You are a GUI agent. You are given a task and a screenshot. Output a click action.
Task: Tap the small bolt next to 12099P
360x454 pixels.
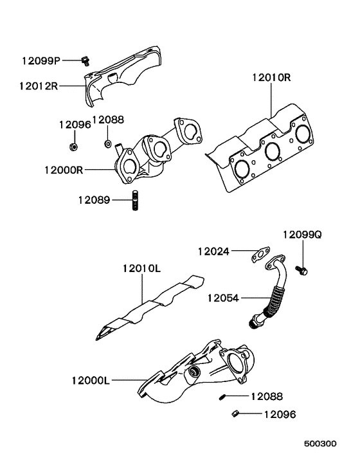click(x=84, y=61)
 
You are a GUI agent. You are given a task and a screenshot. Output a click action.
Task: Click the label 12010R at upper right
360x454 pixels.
click(x=271, y=78)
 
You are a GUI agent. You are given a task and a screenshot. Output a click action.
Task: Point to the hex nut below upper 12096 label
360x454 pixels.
click(x=73, y=147)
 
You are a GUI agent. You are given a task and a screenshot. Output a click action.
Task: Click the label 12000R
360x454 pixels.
click(x=64, y=170)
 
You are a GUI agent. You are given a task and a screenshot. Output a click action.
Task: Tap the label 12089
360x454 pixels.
click(x=94, y=200)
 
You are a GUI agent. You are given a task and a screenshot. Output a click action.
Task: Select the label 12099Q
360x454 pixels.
click(x=302, y=235)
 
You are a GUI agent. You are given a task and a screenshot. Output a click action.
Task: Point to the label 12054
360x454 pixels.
click(x=223, y=298)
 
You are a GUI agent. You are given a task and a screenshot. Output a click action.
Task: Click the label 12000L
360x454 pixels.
click(x=91, y=381)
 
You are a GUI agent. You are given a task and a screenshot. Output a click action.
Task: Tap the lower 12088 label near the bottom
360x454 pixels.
click(x=266, y=397)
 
